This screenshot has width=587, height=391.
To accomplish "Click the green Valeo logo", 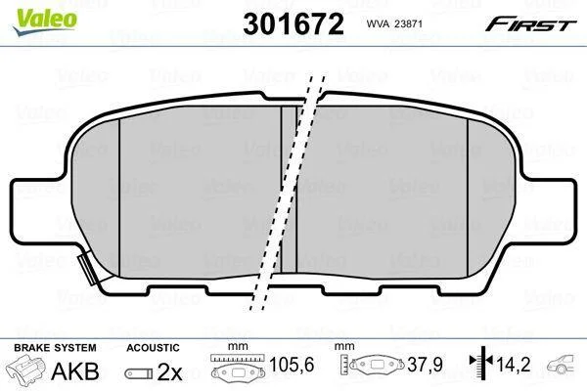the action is [45, 22].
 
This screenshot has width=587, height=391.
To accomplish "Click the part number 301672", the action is [293, 24].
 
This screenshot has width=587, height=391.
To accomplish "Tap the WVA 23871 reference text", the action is [394, 23].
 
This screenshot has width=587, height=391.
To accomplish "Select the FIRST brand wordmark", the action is [530, 24].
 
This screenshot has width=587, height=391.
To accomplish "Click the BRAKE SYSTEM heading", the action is [55, 348].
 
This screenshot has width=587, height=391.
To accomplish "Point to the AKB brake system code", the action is [75, 371].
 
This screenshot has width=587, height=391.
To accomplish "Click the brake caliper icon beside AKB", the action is [25, 369].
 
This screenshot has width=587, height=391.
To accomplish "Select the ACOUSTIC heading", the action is [153, 348].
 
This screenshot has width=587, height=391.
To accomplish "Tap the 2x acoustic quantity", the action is [169, 371].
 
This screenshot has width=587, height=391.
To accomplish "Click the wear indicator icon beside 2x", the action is [139, 373].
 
